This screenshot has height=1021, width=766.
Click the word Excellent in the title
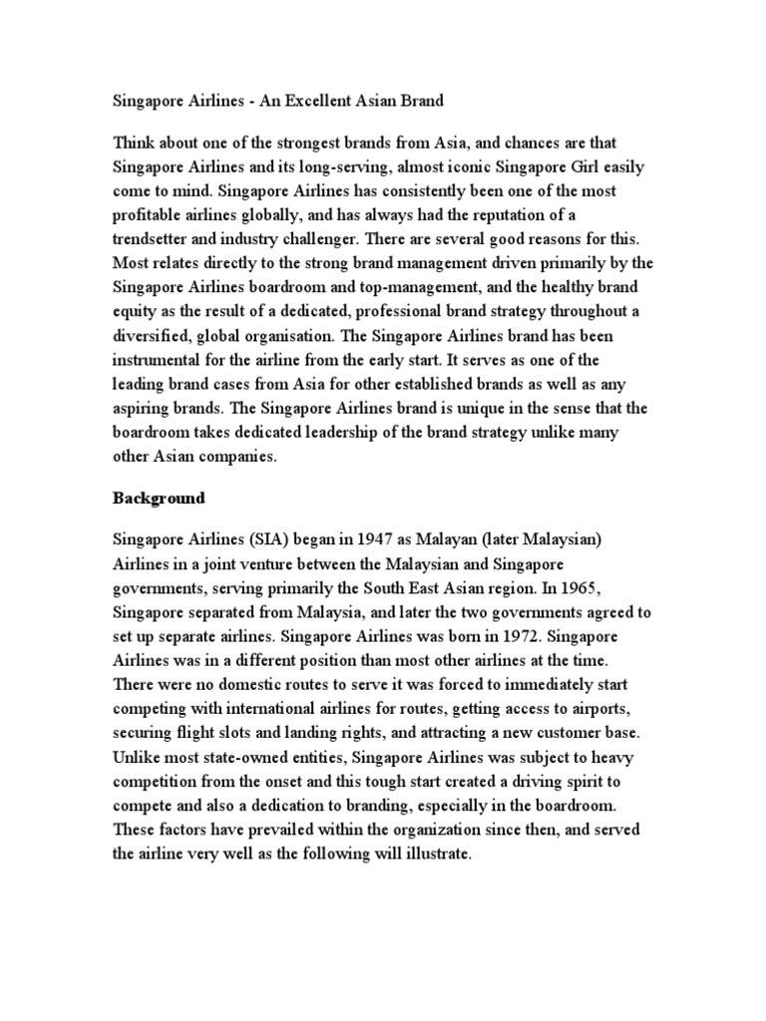pos(318,101)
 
